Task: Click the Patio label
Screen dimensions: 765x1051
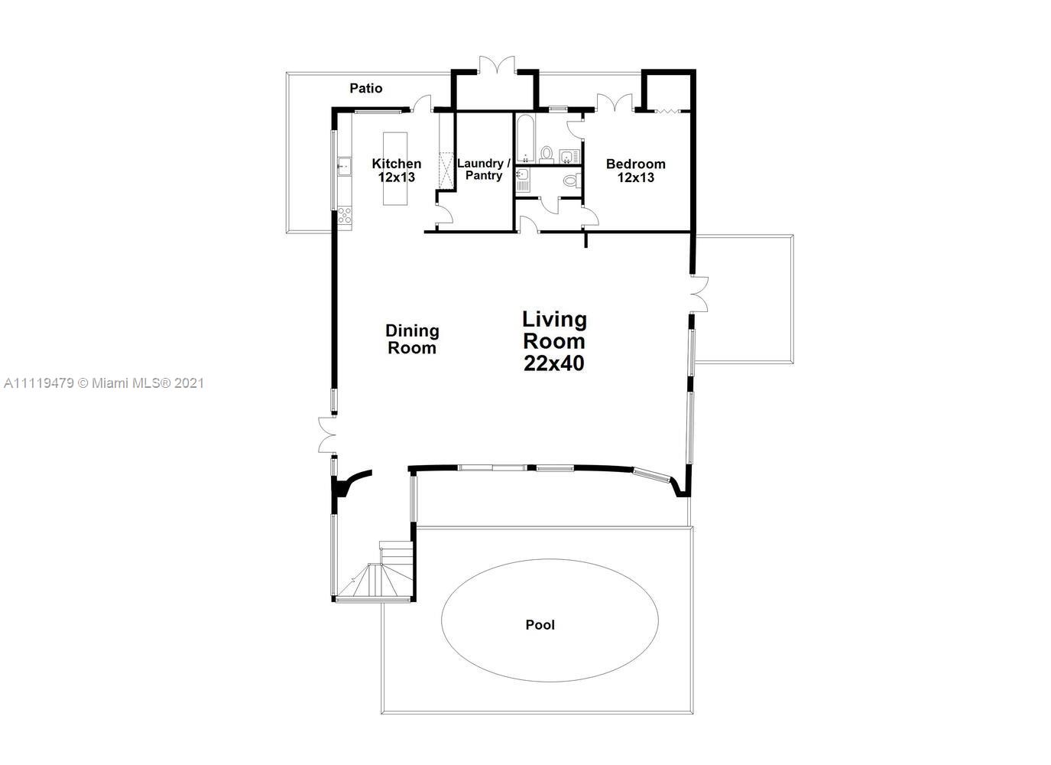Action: pos(365,88)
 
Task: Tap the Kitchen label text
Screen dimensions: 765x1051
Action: pos(396,164)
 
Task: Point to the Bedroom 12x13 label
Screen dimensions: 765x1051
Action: pos(635,171)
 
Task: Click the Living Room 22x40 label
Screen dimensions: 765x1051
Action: pos(554,341)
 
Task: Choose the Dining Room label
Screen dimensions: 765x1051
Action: pos(412,339)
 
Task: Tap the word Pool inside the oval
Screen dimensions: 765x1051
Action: pos(540,625)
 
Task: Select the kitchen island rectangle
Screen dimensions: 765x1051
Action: pos(395,168)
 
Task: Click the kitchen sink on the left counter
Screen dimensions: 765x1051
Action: pos(344,164)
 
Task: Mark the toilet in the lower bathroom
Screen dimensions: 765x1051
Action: pos(570,181)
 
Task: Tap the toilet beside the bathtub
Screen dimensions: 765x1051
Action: pos(547,155)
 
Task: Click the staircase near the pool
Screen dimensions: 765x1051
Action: pos(379,575)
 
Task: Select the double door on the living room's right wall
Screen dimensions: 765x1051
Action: pos(699,294)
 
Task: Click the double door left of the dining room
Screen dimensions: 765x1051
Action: pos(326,436)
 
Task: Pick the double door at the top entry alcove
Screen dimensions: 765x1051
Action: pos(497,66)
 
